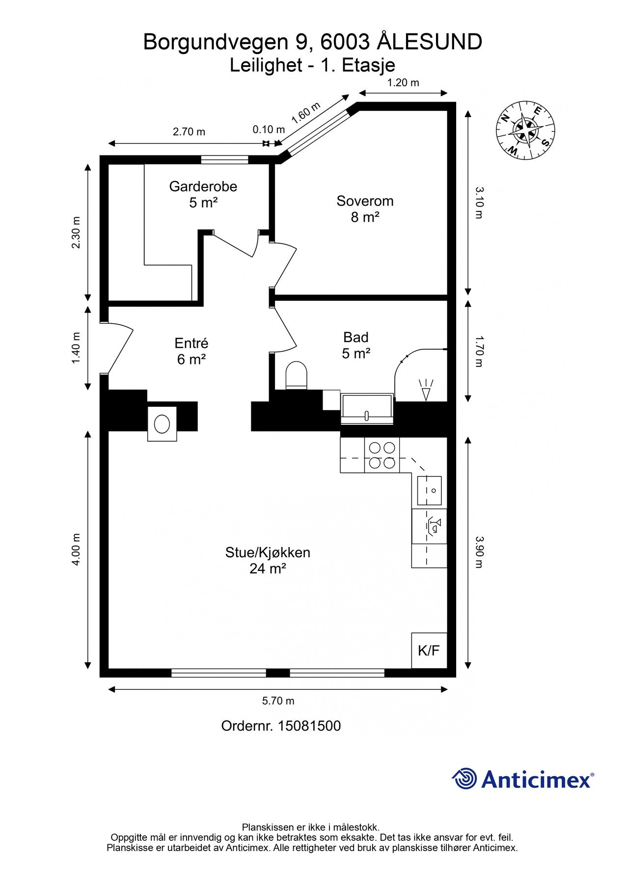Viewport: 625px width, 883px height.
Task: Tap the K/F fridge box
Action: (x=429, y=650)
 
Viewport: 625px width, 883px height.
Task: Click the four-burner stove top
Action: (x=382, y=455)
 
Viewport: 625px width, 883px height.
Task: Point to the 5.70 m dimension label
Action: (x=278, y=701)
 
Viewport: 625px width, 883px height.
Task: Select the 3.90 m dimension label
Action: (x=479, y=551)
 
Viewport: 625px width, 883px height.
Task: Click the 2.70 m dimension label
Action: (x=189, y=132)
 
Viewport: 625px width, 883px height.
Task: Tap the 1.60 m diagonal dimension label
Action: (x=305, y=113)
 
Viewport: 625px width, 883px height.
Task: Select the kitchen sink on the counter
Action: (x=430, y=491)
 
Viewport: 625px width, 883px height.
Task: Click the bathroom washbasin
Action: (x=367, y=408)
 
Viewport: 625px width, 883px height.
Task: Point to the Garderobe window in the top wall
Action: (x=224, y=159)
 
